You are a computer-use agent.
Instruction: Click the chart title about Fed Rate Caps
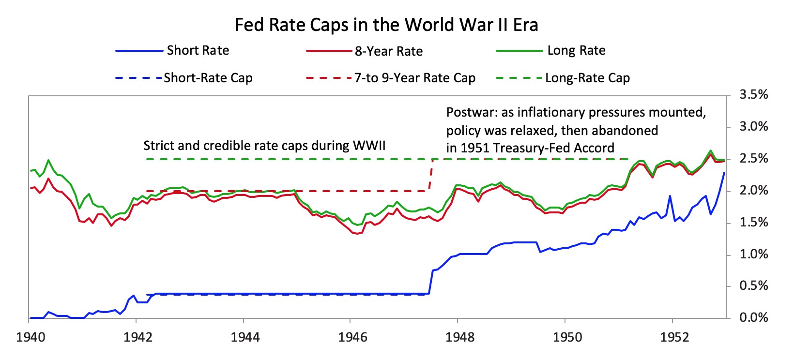(386, 25)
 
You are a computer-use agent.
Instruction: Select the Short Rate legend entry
(198, 50)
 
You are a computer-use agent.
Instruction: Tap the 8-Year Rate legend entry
(388, 51)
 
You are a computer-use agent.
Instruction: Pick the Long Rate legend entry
(576, 50)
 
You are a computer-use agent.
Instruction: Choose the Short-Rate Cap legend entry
(208, 78)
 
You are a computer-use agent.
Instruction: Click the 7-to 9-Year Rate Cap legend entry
(414, 78)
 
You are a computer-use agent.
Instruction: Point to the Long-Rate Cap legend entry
(587, 78)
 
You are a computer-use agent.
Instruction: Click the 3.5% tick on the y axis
(753, 95)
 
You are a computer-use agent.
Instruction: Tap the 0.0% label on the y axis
(753, 318)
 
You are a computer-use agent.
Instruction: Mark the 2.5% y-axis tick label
(753, 159)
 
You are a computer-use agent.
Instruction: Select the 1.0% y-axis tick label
(753, 254)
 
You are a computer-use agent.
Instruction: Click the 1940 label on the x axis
(31, 337)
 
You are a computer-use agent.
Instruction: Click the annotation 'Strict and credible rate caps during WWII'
(264, 146)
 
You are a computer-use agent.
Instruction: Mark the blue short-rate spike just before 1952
(670, 196)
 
